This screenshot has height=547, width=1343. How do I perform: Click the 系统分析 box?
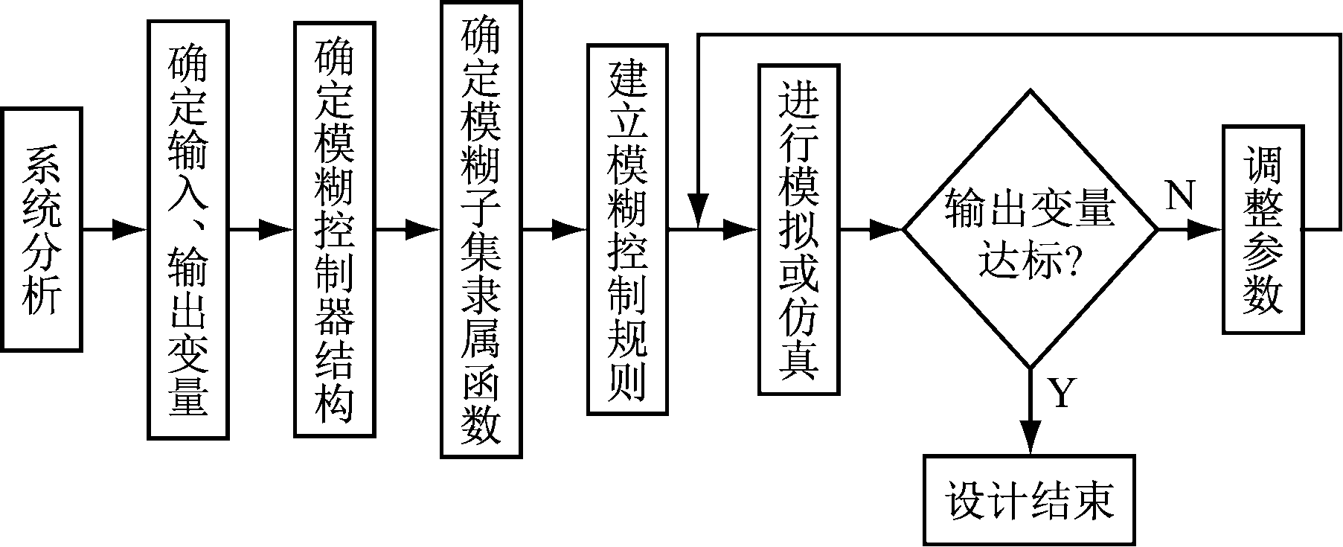point(42,229)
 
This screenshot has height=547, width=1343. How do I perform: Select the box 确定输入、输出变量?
point(188,229)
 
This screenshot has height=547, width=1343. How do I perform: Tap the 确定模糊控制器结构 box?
point(334,229)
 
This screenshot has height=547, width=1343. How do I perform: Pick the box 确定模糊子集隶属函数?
point(481,229)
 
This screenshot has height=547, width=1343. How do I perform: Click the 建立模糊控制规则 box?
point(627,229)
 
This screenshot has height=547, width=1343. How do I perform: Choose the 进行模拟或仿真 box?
point(798,229)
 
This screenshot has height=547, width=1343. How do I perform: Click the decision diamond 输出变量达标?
point(1031,229)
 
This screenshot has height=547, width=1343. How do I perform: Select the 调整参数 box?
point(1263,229)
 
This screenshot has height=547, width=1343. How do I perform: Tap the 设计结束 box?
point(1031,499)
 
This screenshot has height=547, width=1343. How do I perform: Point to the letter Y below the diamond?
point(1062,393)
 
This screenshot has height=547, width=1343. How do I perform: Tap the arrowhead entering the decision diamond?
point(888,230)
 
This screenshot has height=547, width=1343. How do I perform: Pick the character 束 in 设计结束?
point(1093,500)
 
